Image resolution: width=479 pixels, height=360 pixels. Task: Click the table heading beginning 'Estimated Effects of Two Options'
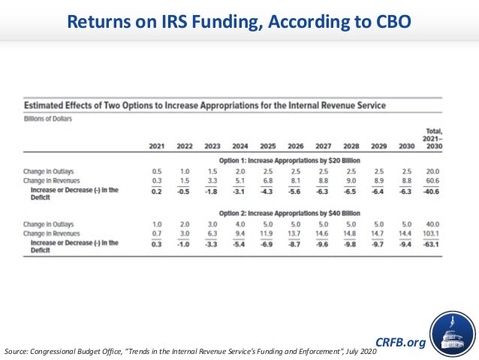coord(205,105)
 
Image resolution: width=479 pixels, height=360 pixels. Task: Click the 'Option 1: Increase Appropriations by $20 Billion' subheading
coord(295,160)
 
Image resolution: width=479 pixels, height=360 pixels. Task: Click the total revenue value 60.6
coord(432,181)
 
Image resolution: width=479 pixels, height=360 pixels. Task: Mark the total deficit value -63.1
coord(431,245)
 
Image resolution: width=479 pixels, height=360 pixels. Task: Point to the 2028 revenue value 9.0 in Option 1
coord(351,181)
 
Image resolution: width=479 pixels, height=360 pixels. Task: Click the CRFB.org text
coord(400,343)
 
